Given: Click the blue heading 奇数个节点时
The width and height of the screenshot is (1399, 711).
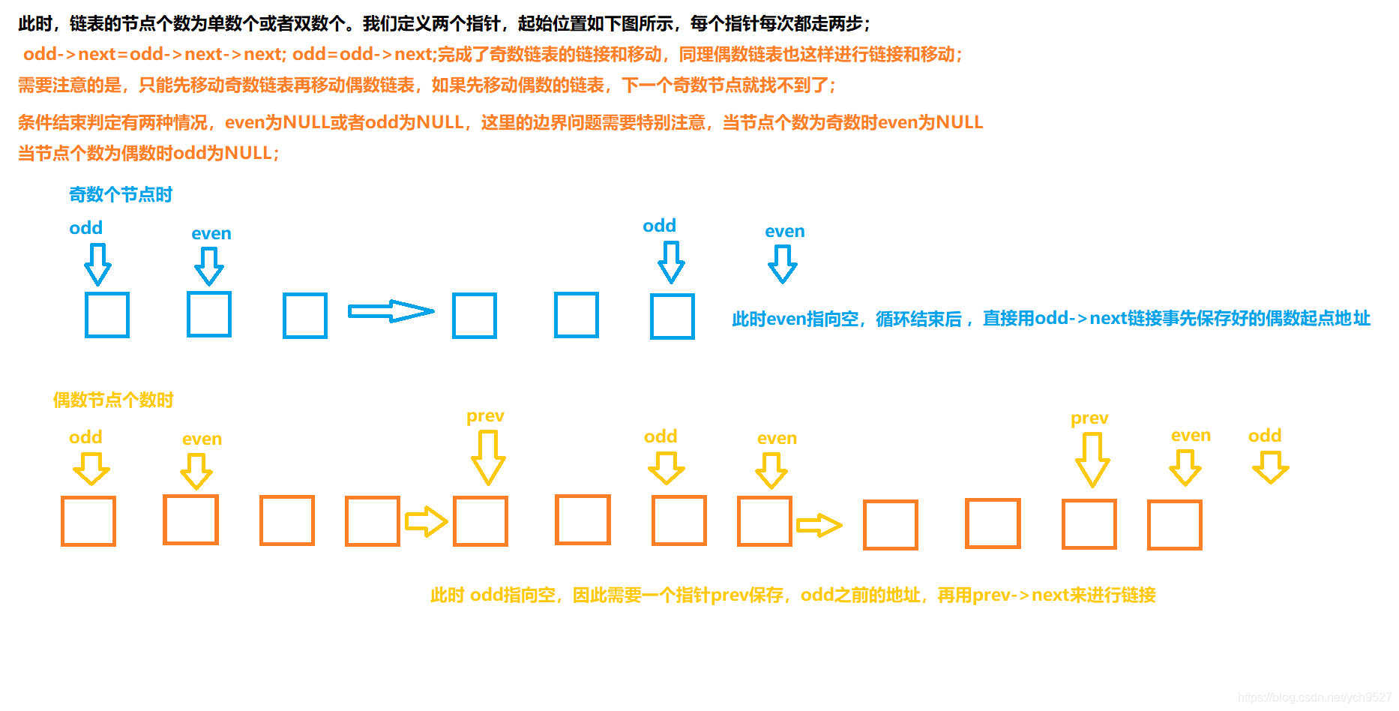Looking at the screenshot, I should click(120, 195).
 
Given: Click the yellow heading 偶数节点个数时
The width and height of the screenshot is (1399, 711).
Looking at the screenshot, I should click(113, 400).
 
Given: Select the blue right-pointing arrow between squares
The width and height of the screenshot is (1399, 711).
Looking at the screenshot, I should click(391, 311).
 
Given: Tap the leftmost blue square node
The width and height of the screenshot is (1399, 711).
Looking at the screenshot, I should click(107, 315).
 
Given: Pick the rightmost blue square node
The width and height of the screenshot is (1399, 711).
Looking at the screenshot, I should click(673, 316).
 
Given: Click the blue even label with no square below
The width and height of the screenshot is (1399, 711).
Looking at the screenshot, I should click(784, 232).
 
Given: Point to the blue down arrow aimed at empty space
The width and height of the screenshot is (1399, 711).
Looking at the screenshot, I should click(783, 265).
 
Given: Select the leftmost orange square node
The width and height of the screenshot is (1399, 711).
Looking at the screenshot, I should click(88, 521).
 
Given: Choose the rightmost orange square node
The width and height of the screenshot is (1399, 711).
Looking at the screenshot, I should click(1175, 525).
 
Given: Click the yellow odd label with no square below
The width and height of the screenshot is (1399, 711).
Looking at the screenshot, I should click(1265, 436).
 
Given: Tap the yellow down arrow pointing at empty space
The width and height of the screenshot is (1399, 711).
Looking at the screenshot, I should click(1270, 466).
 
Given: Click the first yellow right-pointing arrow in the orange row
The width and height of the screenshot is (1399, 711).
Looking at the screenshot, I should click(426, 521).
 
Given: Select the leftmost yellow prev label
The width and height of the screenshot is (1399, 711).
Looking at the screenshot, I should click(485, 416).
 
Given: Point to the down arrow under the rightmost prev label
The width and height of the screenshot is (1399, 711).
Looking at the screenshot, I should click(1092, 460).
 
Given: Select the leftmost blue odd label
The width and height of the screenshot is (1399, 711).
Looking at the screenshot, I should click(85, 228).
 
